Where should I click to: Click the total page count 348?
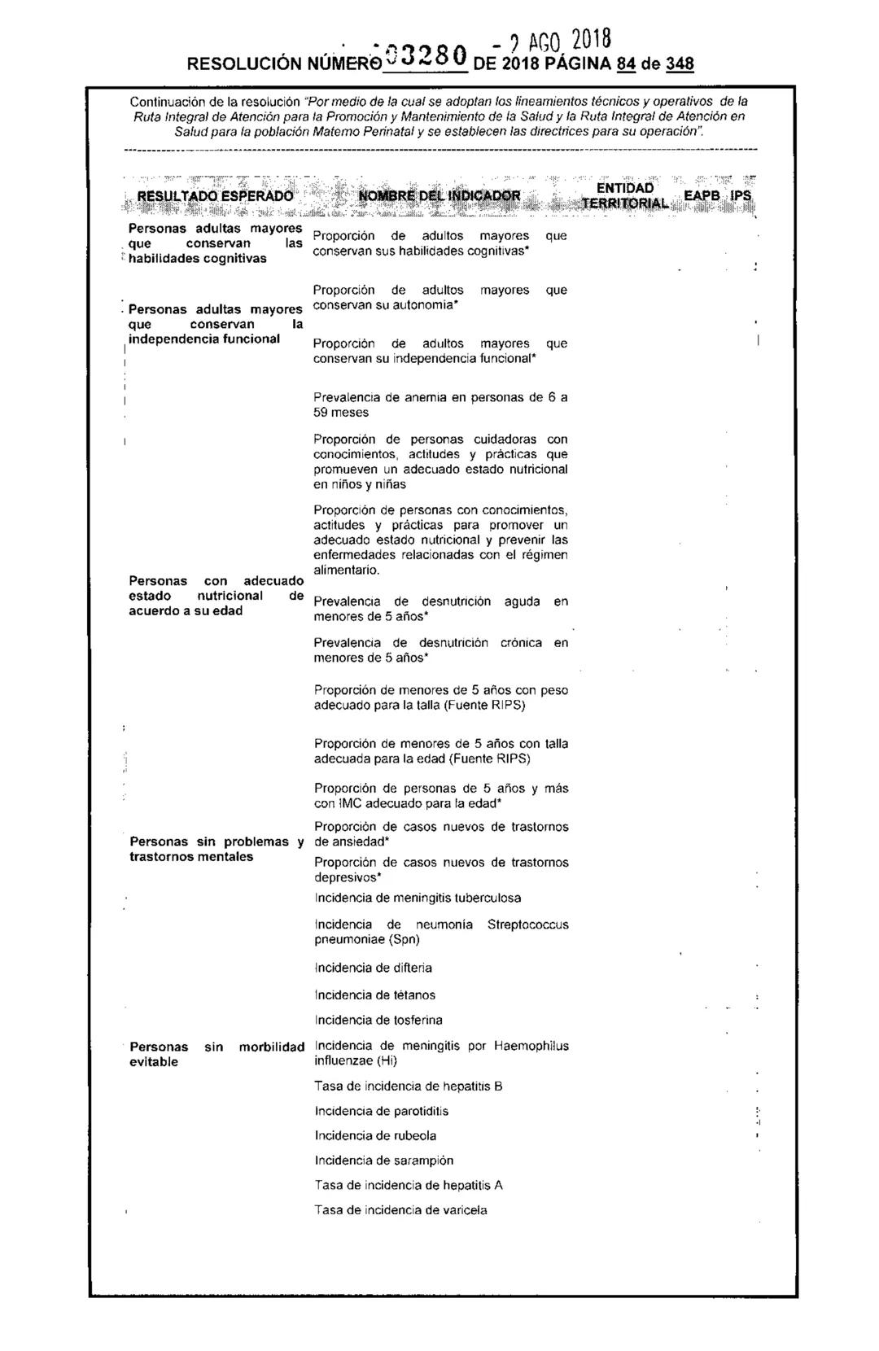pyautogui.click(x=680, y=64)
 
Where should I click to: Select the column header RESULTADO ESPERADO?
pyautogui.click(x=214, y=196)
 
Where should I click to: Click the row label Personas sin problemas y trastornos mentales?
pyautogui.click(x=216, y=849)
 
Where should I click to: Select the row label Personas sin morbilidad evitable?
pyautogui.click(x=216, y=1054)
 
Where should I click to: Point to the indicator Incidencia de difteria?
pyautogui.click(x=373, y=968)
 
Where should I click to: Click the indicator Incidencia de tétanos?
pyautogui.click(x=374, y=995)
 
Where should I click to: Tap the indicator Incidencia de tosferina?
pyautogui.click(x=378, y=1020)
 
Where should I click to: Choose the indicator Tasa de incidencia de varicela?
pyautogui.click(x=400, y=1210)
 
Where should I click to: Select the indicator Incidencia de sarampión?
pyautogui.click(x=383, y=1161)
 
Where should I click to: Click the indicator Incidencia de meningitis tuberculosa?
pyautogui.click(x=418, y=898)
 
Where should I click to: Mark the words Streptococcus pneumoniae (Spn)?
pyautogui.click(x=488, y=932)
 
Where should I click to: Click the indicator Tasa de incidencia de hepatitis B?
pyautogui.click(x=408, y=1086)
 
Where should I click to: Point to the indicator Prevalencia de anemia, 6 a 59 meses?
pyautogui.click(x=440, y=404)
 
